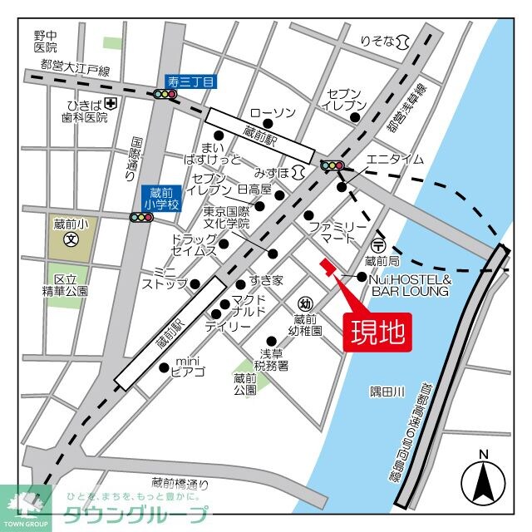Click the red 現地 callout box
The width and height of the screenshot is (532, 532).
click(x=376, y=332)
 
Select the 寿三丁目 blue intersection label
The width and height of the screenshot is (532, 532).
click(x=190, y=81)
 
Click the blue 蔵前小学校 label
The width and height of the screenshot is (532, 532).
click(x=160, y=199)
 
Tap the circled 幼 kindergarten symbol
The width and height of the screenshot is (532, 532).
click(x=305, y=303)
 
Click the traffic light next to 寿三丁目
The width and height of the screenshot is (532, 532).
click(x=165, y=95)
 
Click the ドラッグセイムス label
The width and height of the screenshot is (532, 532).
click(x=194, y=244)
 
